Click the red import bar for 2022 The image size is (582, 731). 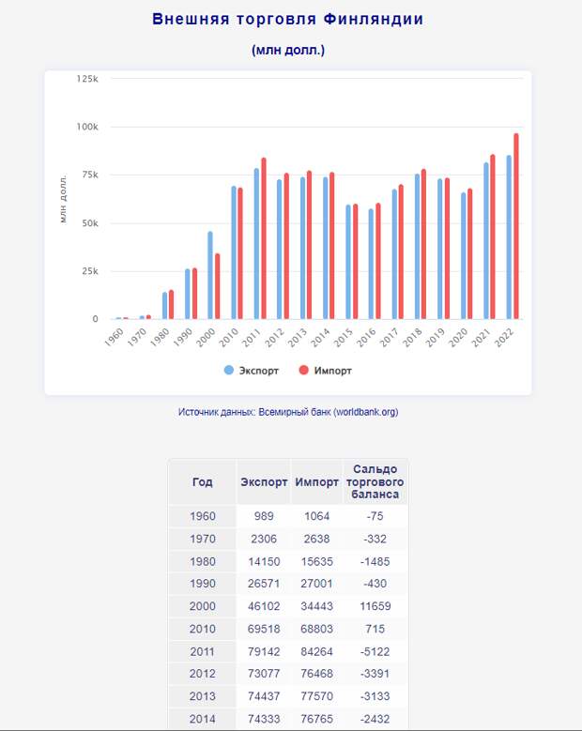[x=515, y=226]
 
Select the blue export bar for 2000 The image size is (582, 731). [x=210, y=275]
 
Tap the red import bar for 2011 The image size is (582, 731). [x=264, y=238]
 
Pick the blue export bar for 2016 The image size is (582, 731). [x=371, y=264]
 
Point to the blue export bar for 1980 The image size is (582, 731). [x=164, y=306]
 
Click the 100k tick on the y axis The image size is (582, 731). [x=87, y=127]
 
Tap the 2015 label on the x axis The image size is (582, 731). [x=344, y=337]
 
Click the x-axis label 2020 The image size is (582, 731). [x=458, y=337]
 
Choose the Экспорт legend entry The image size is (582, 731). [x=251, y=371]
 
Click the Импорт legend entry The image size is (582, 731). [x=325, y=371]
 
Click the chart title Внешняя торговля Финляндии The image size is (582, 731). [x=288, y=19]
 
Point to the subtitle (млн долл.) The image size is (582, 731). [x=288, y=50]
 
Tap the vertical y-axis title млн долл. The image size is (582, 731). [x=64, y=199]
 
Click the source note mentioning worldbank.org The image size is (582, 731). [x=288, y=412]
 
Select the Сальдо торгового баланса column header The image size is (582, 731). [x=375, y=481]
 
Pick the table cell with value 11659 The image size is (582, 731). [x=375, y=606]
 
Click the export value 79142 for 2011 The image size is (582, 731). [x=264, y=651]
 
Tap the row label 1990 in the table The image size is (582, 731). [x=203, y=584]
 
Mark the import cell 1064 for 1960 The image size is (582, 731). [x=316, y=516]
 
